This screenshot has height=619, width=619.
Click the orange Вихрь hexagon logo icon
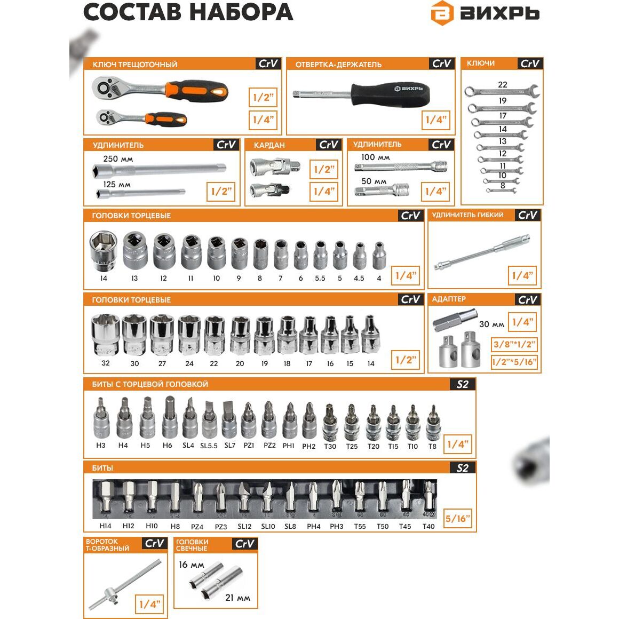[x=442, y=13]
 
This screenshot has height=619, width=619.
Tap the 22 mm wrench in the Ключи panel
[x=502, y=92]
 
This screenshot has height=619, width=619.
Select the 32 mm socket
[x=105, y=335]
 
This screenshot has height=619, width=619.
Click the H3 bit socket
[x=101, y=418]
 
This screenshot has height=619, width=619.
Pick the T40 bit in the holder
[x=428, y=497]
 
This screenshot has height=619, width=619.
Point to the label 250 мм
[x=118, y=159]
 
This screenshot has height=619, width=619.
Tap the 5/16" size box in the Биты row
[x=457, y=519]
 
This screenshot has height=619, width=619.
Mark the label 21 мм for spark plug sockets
[x=237, y=598]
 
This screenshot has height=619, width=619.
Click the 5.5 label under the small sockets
[x=320, y=279]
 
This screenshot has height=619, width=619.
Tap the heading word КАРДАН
[x=269, y=145]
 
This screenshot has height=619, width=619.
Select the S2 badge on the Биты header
[x=463, y=468]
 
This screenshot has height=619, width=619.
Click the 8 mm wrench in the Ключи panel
[x=501, y=191]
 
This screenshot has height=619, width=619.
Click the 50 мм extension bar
[x=382, y=191]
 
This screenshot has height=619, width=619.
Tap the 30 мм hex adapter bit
[x=455, y=322]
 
